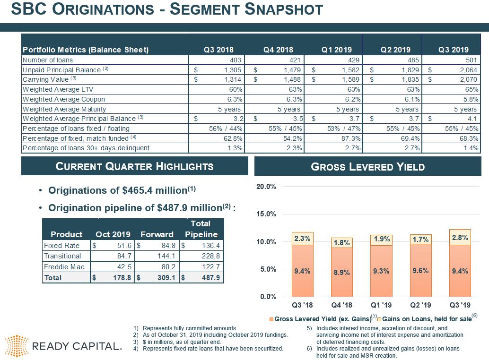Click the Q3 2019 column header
click(453, 50)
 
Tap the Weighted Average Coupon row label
click(64, 99)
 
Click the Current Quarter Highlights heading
click(135, 166)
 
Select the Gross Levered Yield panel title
click(367, 167)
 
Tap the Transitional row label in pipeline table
click(62, 256)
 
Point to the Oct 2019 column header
click(113, 234)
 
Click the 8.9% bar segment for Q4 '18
click(341, 273)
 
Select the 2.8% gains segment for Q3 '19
click(460, 238)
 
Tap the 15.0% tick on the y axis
click(266, 214)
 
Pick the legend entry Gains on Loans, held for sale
click(426, 319)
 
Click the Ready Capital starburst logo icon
click(17, 346)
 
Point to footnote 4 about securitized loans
click(212, 349)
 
